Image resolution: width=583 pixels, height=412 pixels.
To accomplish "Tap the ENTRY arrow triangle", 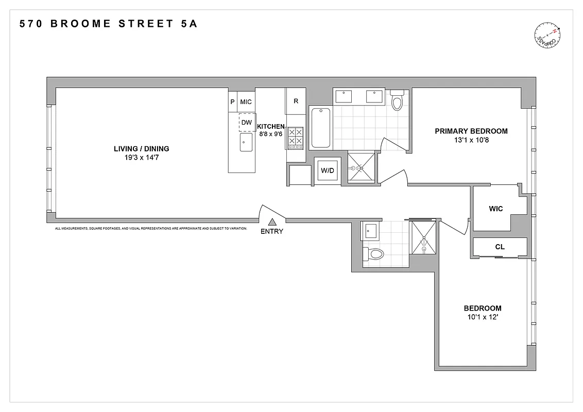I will pos(272,221).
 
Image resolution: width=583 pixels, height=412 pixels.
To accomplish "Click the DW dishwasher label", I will pos(247,122).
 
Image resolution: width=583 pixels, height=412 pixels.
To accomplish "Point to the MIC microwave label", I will pos(246,102).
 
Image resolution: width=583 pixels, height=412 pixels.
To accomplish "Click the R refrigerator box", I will pos(296,101).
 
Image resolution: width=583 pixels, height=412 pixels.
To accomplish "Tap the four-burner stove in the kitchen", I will pos(296,138).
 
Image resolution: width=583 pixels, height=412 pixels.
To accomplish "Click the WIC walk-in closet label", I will pos(496,209).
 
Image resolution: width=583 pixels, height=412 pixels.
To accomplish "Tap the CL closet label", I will pos(500,247).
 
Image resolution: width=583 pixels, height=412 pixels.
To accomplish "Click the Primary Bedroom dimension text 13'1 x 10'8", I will pos(471,140).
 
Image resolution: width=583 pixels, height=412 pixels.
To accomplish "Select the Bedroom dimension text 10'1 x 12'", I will pos(482,317).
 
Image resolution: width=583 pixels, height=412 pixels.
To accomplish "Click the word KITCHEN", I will pos(271,127).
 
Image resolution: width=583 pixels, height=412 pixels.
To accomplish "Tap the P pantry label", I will pos(232,102).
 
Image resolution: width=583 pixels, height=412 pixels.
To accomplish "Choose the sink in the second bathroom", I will pos(371,231).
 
